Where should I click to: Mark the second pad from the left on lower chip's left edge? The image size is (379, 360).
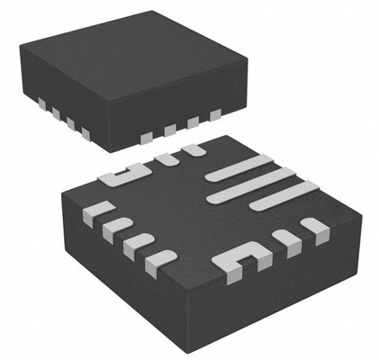coord(113,228)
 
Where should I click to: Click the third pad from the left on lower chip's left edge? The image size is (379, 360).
coord(136,243)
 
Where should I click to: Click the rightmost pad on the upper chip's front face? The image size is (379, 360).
coord(215,114)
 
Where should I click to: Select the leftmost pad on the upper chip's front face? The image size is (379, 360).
coord(147,136)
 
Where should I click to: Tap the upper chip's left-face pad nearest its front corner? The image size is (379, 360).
coord(86,133)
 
